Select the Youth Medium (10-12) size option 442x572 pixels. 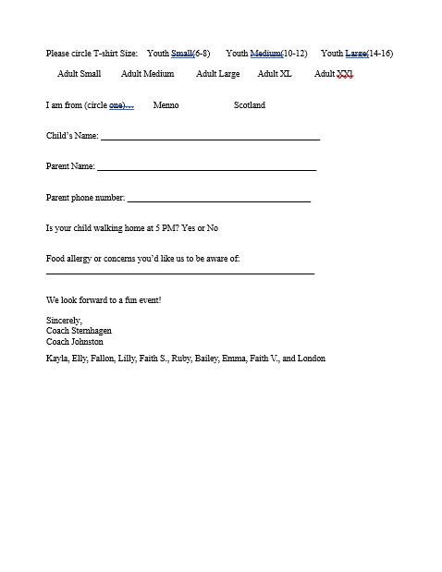tap(266, 54)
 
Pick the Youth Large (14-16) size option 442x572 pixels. tap(357, 54)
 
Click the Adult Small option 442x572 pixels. tap(80, 74)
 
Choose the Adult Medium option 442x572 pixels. tap(147, 74)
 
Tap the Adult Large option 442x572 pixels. tap(217, 74)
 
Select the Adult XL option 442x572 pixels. tap(275, 74)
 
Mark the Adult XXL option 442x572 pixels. tap(334, 74)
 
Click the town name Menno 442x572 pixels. tap(166, 105)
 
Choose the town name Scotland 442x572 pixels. tap(250, 105)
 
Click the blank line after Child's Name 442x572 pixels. tap(211, 138)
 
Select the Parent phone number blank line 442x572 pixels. tap(219, 200)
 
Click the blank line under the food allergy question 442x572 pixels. tap(180, 273)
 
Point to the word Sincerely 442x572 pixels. tap(64, 320)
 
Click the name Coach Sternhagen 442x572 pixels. tap(78, 330)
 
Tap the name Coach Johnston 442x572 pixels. tap(75, 341)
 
